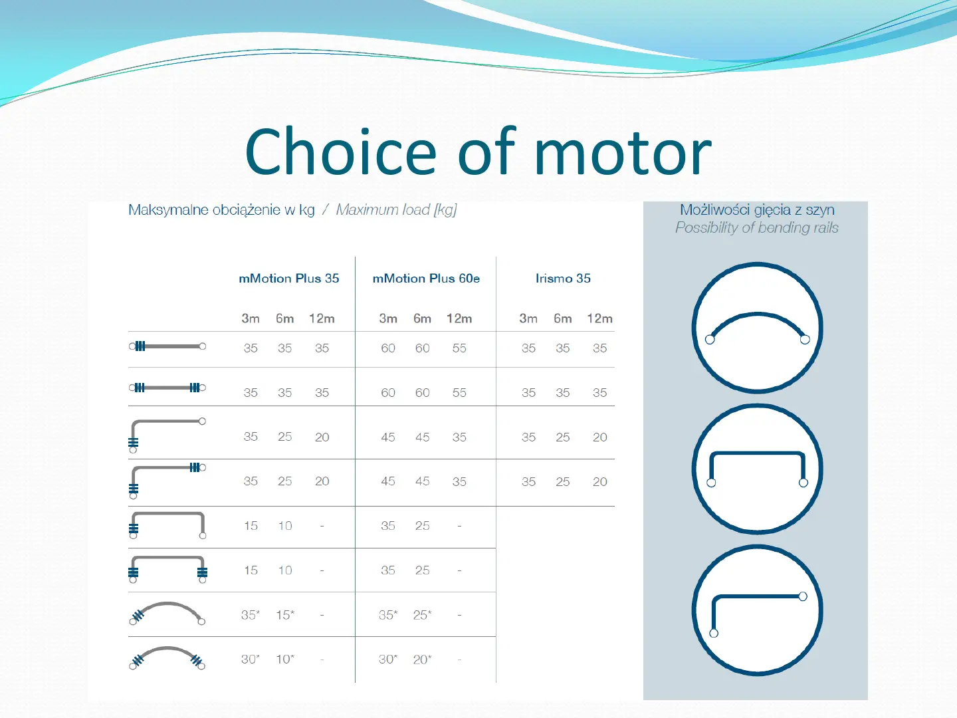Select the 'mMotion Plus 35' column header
(288, 278)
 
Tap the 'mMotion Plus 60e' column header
(426, 278)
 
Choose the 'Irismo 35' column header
(563, 278)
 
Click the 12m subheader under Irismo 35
(599, 318)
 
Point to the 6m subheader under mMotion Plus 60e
(422, 318)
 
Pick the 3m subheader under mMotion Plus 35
(251, 318)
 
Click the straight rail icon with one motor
(167, 346)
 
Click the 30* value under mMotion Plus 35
(251, 659)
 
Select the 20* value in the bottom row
(422, 659)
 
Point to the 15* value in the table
(285, 615)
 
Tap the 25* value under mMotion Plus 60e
(422, 615)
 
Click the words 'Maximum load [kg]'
(396, 210)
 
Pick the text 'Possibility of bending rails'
(757, 227)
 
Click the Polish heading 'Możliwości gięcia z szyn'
(758, 210)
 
